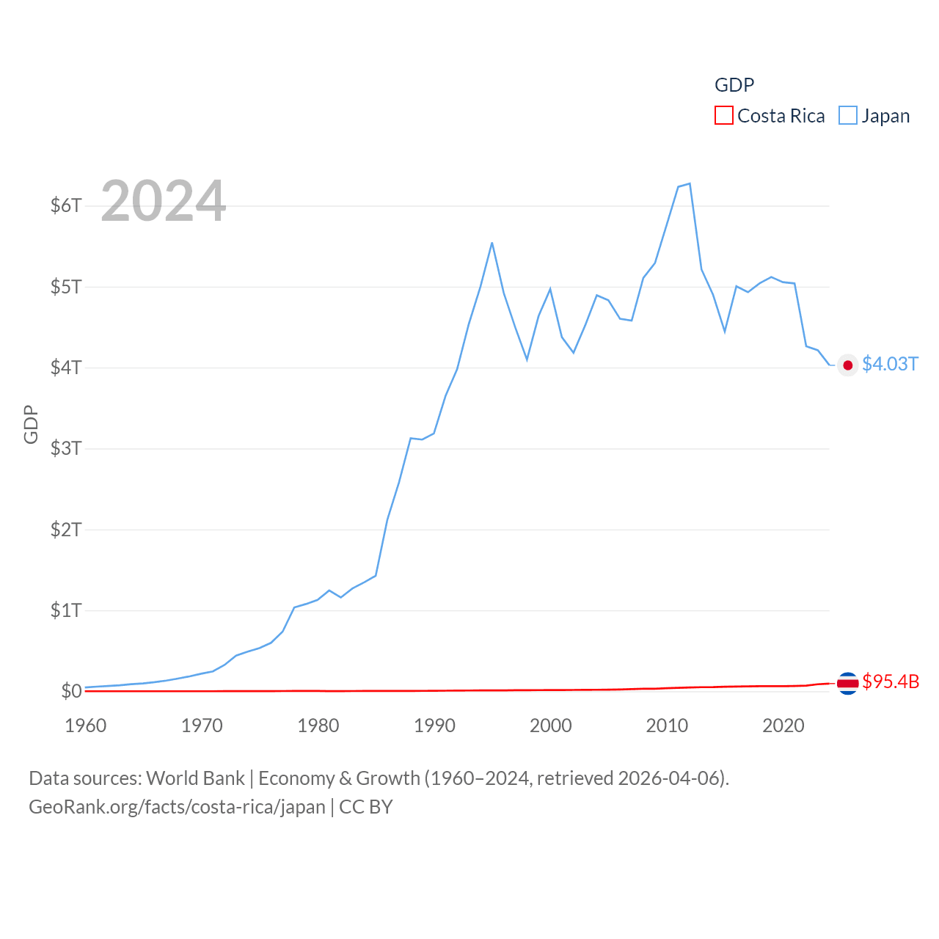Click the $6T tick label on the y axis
(x=65, y=205)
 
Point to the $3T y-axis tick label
(x=65, y=448)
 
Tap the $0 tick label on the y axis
(x=71, y=691)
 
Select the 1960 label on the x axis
(x=86, y=726)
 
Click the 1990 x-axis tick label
(x=434, y=726)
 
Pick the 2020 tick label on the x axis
(x=783, y=726)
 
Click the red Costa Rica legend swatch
(x=723, y=116)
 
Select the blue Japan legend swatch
(x=847, y=116)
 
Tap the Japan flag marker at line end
(x=848, y=365)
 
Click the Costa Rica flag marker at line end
(x=848, y=683)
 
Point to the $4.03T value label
(x=890, y=365)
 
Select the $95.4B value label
(x=891, y=682)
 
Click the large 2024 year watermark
(x=163, y=201)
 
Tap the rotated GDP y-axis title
(x=31, y=424)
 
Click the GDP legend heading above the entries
(x=734, y=85)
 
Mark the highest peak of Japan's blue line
(x=690, y=183)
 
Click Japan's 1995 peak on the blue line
(x=492, y=243)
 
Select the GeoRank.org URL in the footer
(x=177, y=807)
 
